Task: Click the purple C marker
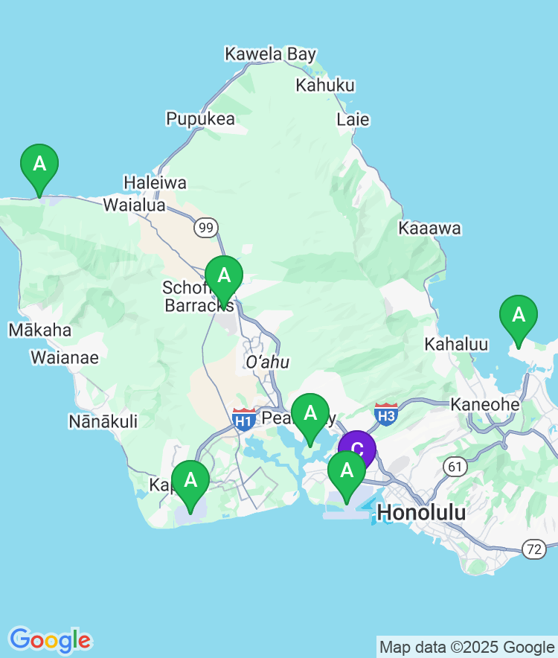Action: tap(357, 447)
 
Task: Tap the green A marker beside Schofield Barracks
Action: tap(224, 276)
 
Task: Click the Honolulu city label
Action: tap(421, 512)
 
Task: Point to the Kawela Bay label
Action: tap(270, 54)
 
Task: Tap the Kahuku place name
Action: tap(325, 85)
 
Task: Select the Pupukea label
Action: tap(200, 118)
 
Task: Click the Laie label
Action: tap(353, 119)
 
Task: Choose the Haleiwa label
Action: tap(155, 182)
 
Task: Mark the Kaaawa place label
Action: tap(429, 229)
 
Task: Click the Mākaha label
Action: tap(39, 330)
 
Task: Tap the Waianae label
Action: tap(64, 358)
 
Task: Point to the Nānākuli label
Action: tap(103, 421)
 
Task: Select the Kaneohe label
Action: tap(484, 404)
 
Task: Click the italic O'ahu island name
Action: tap(266, 362)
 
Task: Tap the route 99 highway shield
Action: tap(206, 227)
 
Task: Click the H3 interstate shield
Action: tap(385, 413)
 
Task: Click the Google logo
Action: tap(50, 639)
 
